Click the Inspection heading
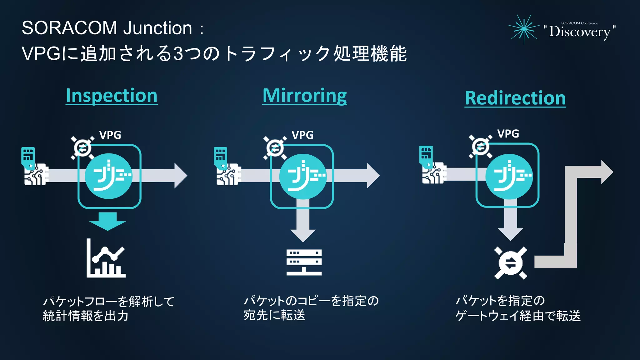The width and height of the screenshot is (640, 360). tap(112, 95)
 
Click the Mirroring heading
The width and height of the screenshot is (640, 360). tap(304, 95)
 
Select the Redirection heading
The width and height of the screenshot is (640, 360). tap(515, 98)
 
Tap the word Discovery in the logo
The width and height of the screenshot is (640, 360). tap(579, 32)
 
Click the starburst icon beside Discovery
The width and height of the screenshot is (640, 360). tap(524, 29)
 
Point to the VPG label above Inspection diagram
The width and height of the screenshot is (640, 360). tap(110, 135)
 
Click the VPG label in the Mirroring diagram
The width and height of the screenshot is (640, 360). tap(302, 135)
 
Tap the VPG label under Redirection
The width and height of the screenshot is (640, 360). tap(508, 134)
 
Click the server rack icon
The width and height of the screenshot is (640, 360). tap(304, 262)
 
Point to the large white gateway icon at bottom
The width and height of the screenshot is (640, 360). tap(510, 263)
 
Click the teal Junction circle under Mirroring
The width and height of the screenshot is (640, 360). tap(302, 176)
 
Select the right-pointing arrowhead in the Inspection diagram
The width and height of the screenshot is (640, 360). tap(180, 176)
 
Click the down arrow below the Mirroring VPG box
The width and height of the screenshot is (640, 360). tap(302, 231)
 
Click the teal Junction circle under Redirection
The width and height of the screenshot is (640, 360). tap(509, 176)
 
